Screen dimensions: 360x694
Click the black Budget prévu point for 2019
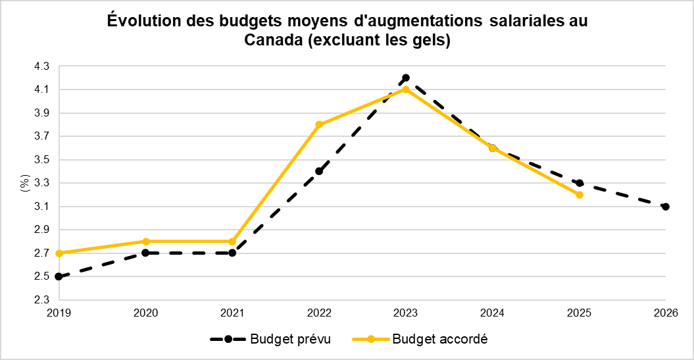coord(59,276)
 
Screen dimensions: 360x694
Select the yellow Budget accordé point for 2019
coord(59,253)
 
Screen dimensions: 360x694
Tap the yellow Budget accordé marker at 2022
coord(319,124)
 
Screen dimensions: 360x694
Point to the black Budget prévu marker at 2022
coord(319,171)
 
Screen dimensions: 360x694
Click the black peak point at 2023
coord(406,78)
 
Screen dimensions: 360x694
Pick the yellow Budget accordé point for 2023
coord(406,90)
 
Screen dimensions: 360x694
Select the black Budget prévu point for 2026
coord(666,207)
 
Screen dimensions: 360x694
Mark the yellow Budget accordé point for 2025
coord(579,195)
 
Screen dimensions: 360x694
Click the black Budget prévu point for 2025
coord(579,183)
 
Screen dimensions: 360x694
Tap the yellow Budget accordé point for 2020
coord(145,242)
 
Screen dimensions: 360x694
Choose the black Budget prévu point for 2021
coord(232,253)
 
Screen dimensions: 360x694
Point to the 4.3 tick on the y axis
coord(41,66)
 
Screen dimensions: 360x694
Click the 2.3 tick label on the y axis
coord(41,300)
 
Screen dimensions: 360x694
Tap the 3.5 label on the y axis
coord(41,160)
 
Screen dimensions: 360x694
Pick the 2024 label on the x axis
coord(492,314)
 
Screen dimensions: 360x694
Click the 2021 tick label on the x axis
coord(232,314)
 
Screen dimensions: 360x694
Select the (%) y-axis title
coord(24,183)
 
